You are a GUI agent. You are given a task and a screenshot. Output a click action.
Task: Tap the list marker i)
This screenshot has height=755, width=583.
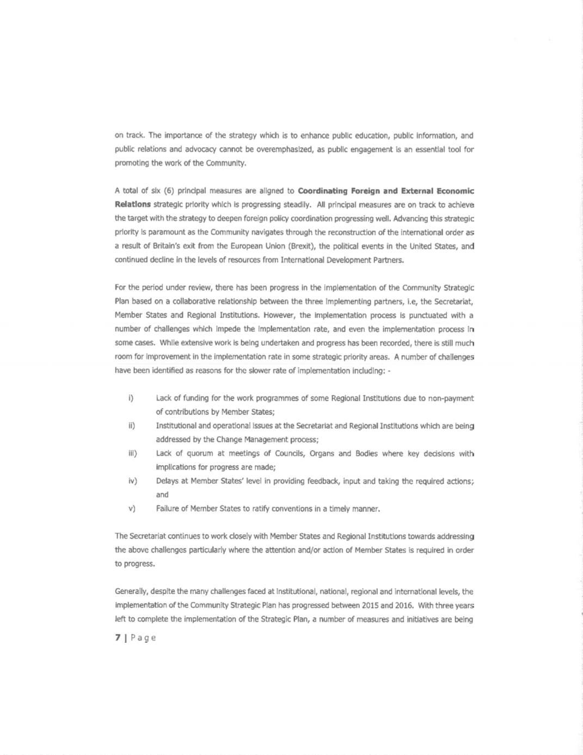tap(131, 398)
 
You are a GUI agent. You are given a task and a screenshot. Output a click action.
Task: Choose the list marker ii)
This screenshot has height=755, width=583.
tap(131, 425)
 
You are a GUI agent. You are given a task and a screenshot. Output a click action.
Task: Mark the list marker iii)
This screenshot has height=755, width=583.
tap(132, 453)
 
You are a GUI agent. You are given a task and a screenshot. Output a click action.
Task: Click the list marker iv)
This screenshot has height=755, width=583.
tap(132, 481)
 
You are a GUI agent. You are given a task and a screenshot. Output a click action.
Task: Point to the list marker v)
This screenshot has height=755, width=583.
tap(131, 509)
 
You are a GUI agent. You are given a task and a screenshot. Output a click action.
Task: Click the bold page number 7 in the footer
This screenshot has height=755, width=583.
tap(117, 637)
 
